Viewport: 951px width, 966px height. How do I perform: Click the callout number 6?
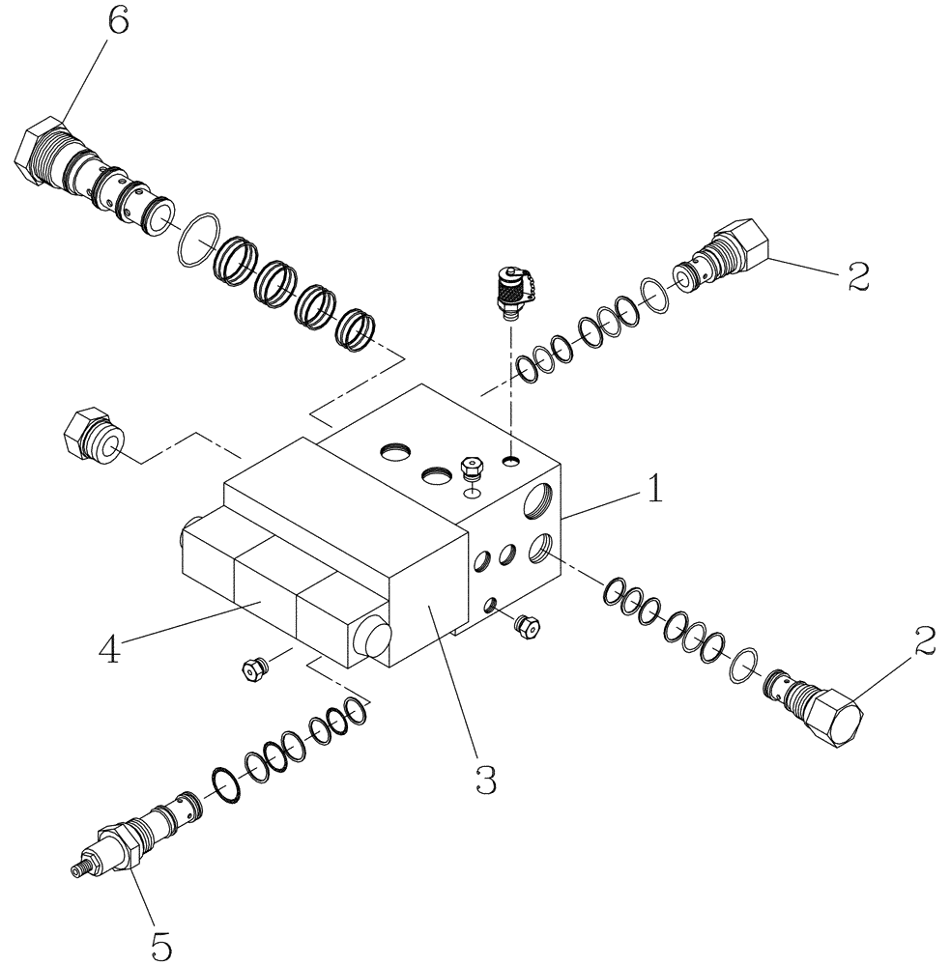(x=117, y=22)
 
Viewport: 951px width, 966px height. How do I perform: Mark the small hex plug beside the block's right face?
(x=528, y=625)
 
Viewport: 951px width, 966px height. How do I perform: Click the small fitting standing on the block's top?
(x=473, y=469)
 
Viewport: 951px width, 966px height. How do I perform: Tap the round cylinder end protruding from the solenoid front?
(x=371, y=639)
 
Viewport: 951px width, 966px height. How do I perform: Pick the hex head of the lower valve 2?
(x=837, y=721)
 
